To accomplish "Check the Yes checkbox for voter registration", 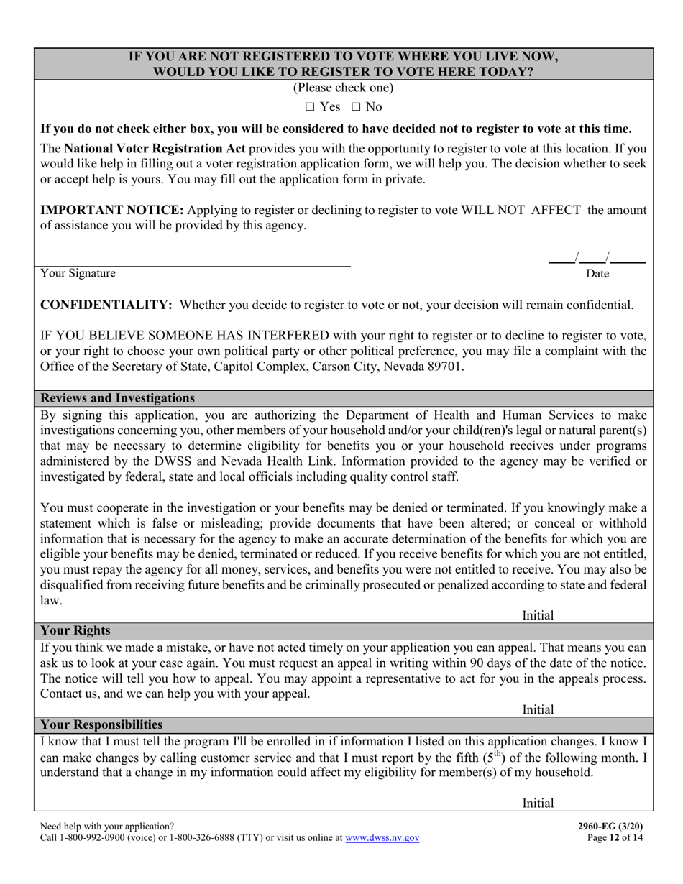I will coord(310,107).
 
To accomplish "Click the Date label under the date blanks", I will coord(597,274).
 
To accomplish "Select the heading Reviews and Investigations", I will coord(117,398).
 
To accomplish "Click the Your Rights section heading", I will coord(75,630).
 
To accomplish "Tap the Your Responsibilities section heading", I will coord(101,724).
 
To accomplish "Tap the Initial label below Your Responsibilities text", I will coord(538,804).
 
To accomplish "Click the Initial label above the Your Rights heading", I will coord(538,615).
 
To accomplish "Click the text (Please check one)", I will coord(343,88).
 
